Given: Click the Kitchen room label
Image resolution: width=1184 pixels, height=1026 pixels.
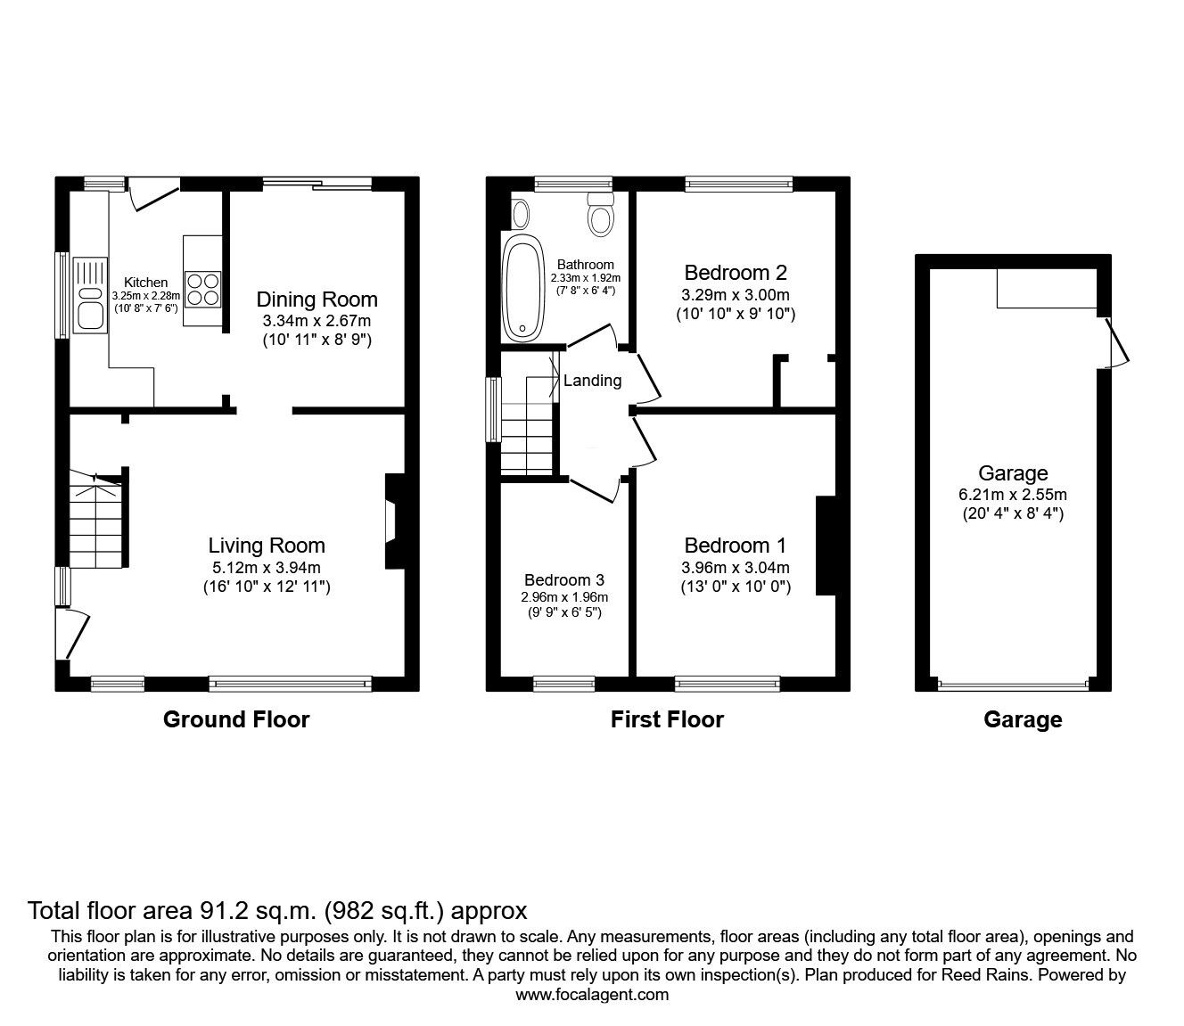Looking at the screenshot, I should [x=145, y=283].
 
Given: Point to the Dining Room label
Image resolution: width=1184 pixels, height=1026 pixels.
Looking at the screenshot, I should [x=317, y=300].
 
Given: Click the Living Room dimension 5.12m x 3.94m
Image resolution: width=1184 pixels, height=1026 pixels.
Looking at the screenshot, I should [x=267, y=567].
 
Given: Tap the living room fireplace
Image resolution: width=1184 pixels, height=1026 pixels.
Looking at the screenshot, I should [x=391, y=520].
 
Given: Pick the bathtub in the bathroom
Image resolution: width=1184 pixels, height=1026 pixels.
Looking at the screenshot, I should [x=523, y=288].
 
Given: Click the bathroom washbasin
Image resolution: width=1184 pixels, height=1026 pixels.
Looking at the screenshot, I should [x=520, y=214].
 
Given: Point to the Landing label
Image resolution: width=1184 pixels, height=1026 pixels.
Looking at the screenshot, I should [x=592, y=381].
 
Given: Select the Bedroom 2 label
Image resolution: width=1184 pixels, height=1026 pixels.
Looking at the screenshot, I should [x=736, y=273].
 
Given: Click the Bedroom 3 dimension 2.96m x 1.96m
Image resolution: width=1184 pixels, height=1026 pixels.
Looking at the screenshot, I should [x=565, y=597].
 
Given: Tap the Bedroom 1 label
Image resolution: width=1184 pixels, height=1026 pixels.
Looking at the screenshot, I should [x=736, y=546].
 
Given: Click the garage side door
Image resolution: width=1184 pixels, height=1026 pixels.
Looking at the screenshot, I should [x=1114, y=343].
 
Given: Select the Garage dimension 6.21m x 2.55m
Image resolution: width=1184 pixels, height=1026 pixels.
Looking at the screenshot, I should [x=1013, y=495].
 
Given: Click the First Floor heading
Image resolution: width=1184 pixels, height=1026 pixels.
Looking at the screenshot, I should [x=667, y=719].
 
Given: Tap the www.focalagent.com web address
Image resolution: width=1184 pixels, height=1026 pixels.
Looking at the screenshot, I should [x=592, y=995].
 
